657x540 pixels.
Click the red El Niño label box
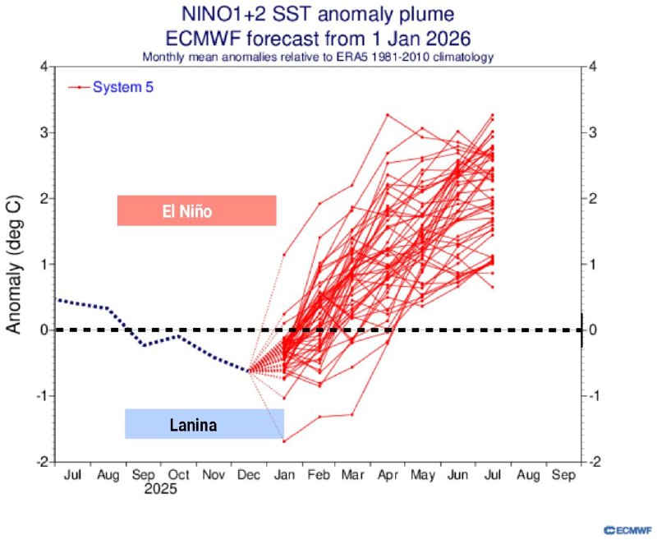pyautogui.click(x=196, y=210)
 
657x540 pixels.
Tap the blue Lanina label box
pyautogui.click(x=204, y=424)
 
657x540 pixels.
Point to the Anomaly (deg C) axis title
pyautogui.click(x=14, y=264)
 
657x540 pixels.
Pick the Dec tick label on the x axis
pyautogui.click(x=248, y=475)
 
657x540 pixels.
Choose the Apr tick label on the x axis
pyautogui.click(x=387, y=475)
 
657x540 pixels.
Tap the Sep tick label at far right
pyautogui.click(x=563, y=475)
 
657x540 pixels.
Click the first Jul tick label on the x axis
pyautogui.click(x=72, y=475)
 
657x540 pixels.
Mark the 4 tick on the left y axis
pyautogui.click(x=43, y=67)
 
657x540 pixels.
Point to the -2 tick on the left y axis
pyautogui.click(x=40, y=462)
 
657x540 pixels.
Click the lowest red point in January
pyautogui.click(x=284, y=441)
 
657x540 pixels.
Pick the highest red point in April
pyautogui.click(x=387, y=114)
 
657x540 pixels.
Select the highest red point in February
pyautogui.click(x=319, y=203)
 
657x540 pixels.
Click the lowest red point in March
pyautogui.click(x=352, y=414)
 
